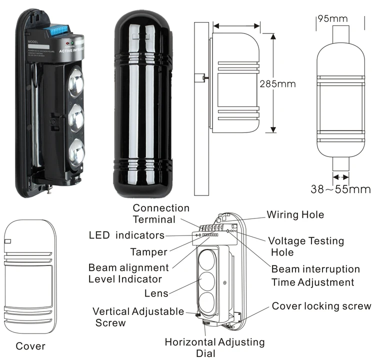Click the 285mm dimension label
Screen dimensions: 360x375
click(x=277, y=83)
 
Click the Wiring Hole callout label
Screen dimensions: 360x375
click(x=295, y=214)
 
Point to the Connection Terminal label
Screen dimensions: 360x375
click(x=161, y=213)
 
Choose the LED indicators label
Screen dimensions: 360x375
click(x=126, y=234)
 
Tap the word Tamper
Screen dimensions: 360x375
click(x=148, y=252)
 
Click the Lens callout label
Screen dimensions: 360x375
click(x=156, y=293)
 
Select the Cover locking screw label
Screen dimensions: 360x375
click(x=321, y=306)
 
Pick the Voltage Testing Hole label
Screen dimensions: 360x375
click(x=306, y=246)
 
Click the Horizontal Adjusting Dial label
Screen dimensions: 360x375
click(x=215, y=347)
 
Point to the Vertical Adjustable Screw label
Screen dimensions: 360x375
click(x=138, y=317)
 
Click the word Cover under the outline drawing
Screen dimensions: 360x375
click(x=30, y=346)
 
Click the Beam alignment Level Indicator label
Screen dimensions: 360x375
click(x=128, y=273)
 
